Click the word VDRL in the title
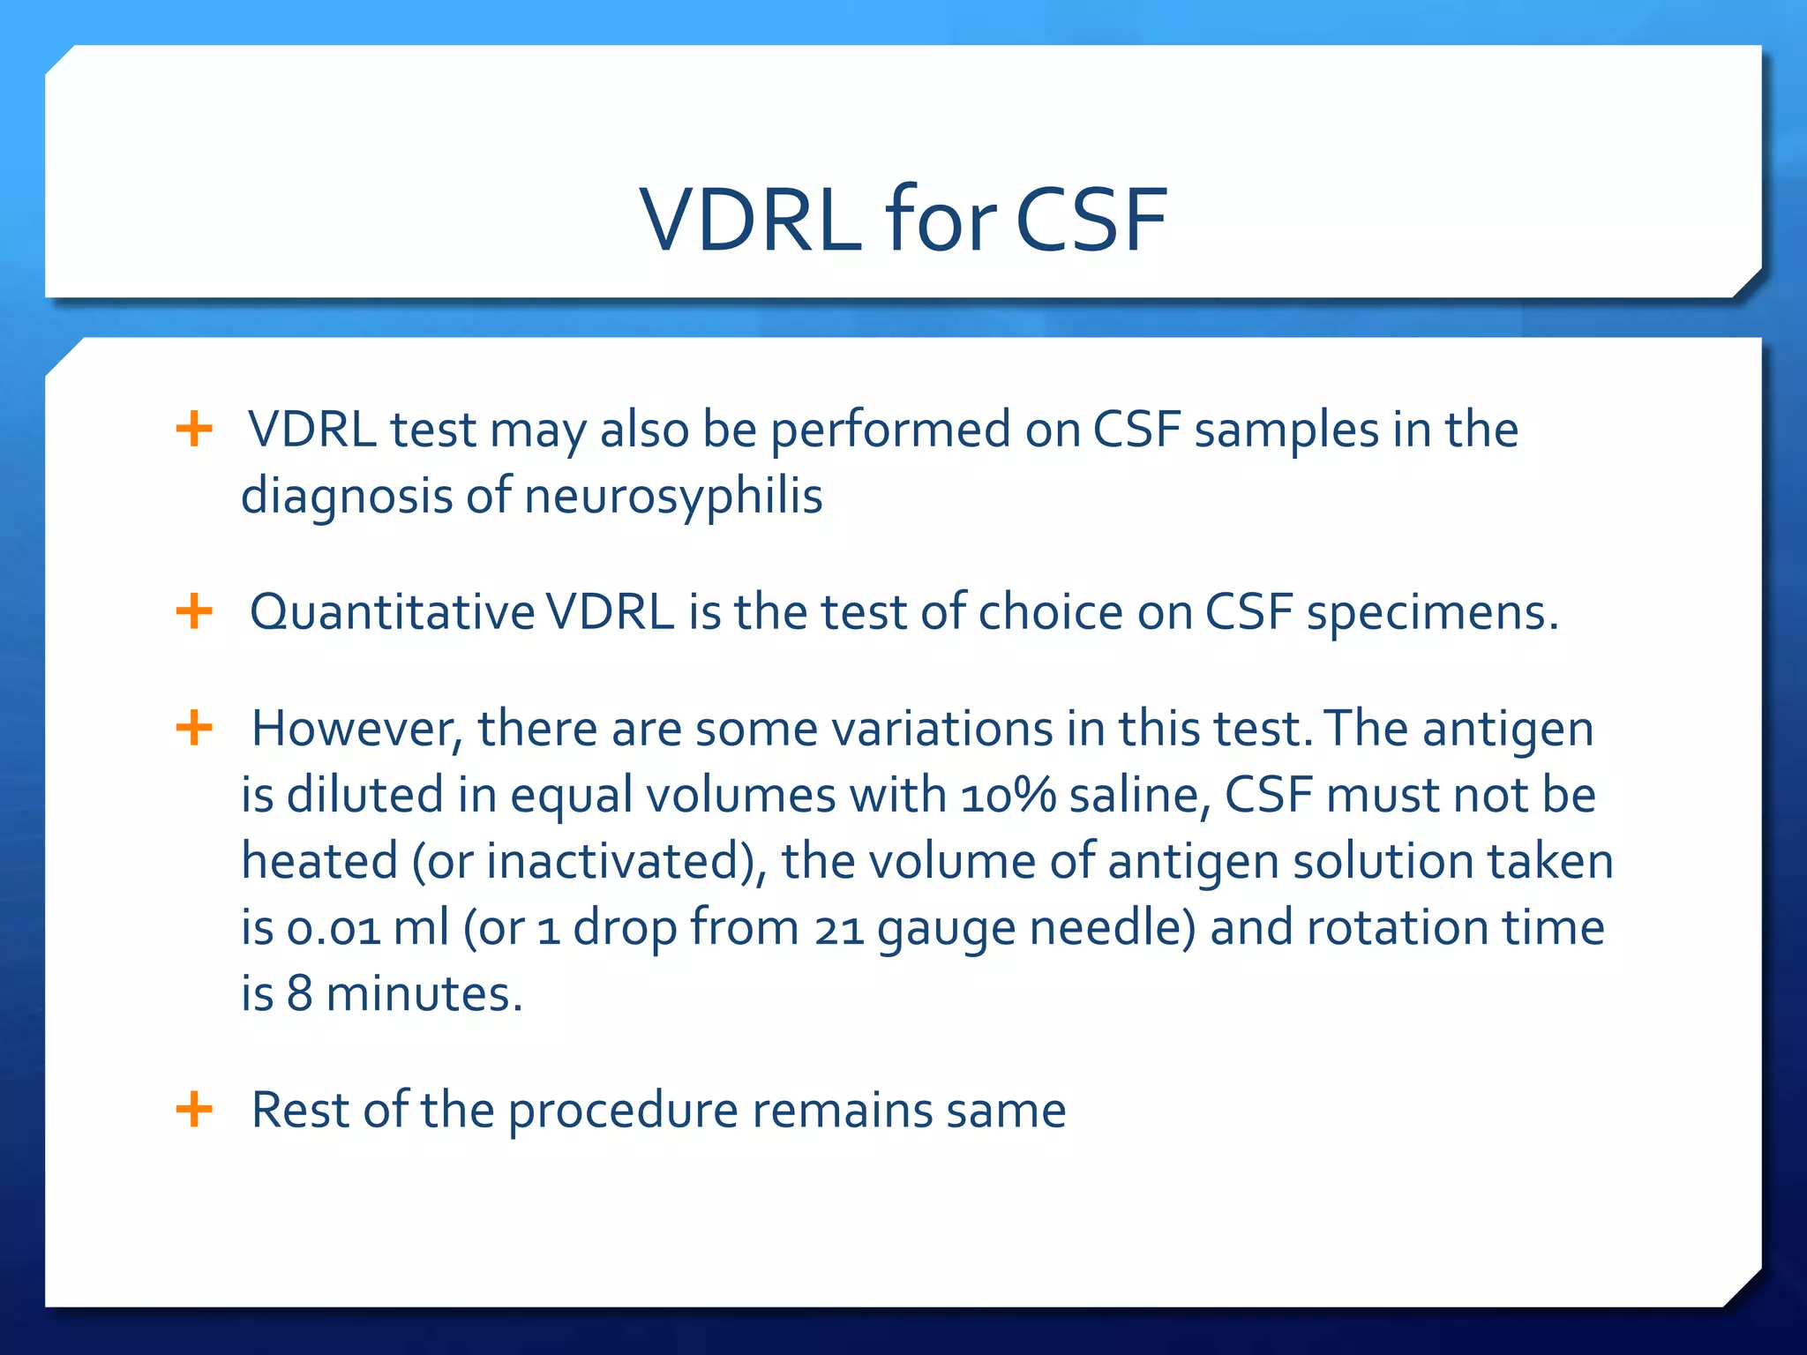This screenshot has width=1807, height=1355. pyautogui.click(x=750, y=221)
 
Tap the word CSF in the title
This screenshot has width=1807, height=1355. pyautogui.click(x=1091, y=221)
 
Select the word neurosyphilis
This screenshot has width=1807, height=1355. pyautogui.click(x=673, y=496)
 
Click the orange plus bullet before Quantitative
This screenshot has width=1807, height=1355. pyautogui.click(x=194, y=611)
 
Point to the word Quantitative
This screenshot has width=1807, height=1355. pyautogui.click(x=393, y=612)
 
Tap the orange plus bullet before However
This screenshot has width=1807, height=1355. pyautogui.click(x=194, y=729)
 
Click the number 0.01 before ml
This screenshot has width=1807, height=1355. pyautogui.click(x=334, y=929)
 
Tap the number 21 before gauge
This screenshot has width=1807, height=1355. pyautogui.click(x=839, y=929)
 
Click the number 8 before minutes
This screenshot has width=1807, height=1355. pyautogui.click(x=300, y=994)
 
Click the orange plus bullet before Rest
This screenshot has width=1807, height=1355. pyautogui.click(x=194, y=1109)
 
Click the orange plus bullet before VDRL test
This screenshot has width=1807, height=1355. pyautogui.click(x=194, y=430)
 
